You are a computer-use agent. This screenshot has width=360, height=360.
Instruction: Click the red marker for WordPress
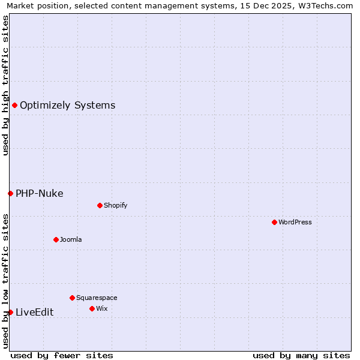(274, 222)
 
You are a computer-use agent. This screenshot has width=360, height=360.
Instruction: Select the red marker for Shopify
(100, 205)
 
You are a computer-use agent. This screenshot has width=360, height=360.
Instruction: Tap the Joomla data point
(56, 239)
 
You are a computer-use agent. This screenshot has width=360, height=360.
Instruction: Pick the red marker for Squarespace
(72, 298)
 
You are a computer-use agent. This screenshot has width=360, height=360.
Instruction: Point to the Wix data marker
(92, 308)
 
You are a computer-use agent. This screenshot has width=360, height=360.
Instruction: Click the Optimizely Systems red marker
(14, 106)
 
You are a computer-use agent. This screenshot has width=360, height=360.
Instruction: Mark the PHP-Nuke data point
(10, 193)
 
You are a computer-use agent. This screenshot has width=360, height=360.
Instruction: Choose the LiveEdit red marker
(10, 312)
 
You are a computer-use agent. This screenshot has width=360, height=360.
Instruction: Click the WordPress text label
(295, 222)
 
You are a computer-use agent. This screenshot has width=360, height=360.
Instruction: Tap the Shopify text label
(116, 205)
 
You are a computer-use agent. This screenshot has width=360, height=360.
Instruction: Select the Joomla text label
(71, 239)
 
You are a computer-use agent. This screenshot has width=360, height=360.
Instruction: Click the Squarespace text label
(97, 298)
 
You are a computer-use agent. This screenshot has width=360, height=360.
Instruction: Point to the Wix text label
(101, 308)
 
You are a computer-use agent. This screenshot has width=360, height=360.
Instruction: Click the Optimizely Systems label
(67, 106)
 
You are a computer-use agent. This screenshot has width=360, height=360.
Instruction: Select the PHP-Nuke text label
(39, 193)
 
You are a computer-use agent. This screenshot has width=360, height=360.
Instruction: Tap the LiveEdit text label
(34, 312)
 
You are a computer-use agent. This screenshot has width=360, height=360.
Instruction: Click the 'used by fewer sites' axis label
(62, 355)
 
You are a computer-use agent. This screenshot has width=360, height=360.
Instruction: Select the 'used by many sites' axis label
(301, 355)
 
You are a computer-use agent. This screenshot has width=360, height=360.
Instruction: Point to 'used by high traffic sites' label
(5, 85)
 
